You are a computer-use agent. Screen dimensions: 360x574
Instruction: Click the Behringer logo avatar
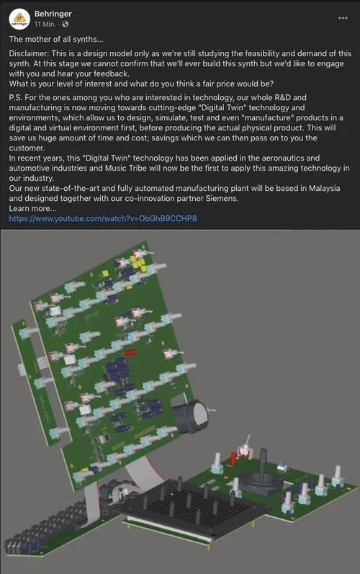[x=19, y=19]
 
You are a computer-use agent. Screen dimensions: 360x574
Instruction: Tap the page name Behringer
[x=53, y=14]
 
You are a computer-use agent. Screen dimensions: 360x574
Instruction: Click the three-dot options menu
[x=343, y=18]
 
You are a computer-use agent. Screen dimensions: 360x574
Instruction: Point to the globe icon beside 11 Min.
[x=65, y=24]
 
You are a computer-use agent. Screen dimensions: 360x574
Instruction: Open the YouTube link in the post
[x=103, y=218]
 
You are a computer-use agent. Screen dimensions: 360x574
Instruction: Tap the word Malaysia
[x=325, y=189]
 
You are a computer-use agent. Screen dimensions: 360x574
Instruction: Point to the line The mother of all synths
[x=56, y=39]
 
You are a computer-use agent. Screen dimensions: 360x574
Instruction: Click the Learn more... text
[x=32, y=209]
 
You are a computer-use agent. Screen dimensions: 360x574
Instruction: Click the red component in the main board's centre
[x=130, y=352]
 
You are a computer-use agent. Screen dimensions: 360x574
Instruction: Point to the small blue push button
[x=282, y=466]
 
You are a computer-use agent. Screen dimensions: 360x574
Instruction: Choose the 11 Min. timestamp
[x=45, y=24]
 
